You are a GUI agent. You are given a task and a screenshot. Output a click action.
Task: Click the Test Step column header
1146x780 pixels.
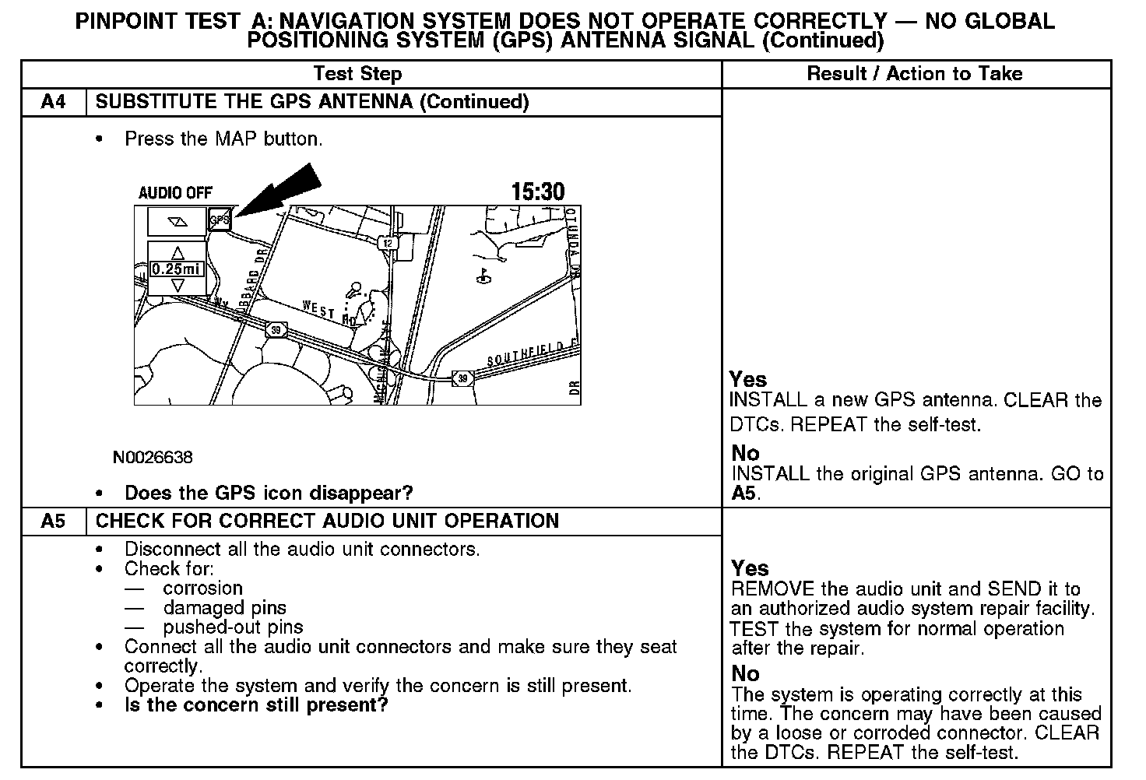[357, 74]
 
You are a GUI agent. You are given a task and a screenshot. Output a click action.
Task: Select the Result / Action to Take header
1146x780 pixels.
[915, 74]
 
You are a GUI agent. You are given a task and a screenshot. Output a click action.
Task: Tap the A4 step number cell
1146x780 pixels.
[53, 102]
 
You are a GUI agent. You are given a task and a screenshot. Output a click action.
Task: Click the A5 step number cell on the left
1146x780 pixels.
[53, 521]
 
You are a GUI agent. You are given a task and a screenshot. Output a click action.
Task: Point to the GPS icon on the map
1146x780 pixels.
[220, 220]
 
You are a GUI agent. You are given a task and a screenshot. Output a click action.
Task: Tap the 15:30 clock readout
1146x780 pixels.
[537, 191]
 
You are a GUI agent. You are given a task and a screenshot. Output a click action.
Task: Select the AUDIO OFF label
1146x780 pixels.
[175, 193]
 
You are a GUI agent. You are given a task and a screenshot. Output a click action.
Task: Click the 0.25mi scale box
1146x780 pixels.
[177, 269]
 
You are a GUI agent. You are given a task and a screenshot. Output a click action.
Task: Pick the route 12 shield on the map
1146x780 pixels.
[388, 243]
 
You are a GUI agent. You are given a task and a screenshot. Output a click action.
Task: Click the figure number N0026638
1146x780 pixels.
[153, 458]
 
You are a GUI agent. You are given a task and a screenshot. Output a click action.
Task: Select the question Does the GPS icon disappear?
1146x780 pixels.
[269, 493]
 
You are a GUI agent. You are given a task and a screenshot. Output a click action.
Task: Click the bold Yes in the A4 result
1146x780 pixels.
[748, 379]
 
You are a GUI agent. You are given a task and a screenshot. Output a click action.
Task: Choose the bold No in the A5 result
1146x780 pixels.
[745, 673]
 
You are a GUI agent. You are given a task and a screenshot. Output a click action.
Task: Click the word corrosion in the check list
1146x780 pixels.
[203, 589]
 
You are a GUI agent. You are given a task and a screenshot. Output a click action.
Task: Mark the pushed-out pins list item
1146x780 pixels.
[233, 627]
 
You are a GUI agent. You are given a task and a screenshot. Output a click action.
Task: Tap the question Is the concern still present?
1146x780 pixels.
[256, 705]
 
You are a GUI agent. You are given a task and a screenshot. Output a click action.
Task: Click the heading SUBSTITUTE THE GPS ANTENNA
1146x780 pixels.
[311, 102]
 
